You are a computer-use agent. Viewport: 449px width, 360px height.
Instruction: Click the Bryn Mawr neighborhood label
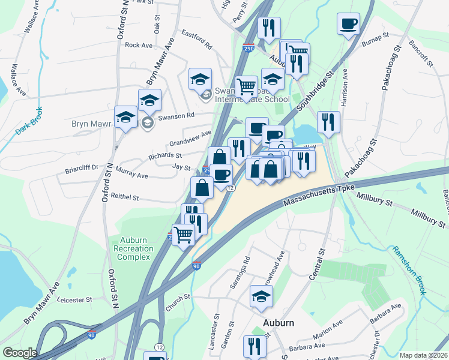(x=92, y=124)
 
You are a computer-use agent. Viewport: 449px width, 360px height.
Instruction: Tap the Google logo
(x=19, y=353)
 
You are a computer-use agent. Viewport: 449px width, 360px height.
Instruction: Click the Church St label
(x=178, y=302)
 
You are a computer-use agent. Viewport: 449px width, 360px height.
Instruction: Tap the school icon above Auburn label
(x=261, y=296)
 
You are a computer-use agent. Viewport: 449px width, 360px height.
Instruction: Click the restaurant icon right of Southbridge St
(x=328, y=122)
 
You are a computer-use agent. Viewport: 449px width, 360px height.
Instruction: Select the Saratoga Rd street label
(x=236, y=274)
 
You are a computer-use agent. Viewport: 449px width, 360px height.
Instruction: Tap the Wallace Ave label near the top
(x=30, y=21)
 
